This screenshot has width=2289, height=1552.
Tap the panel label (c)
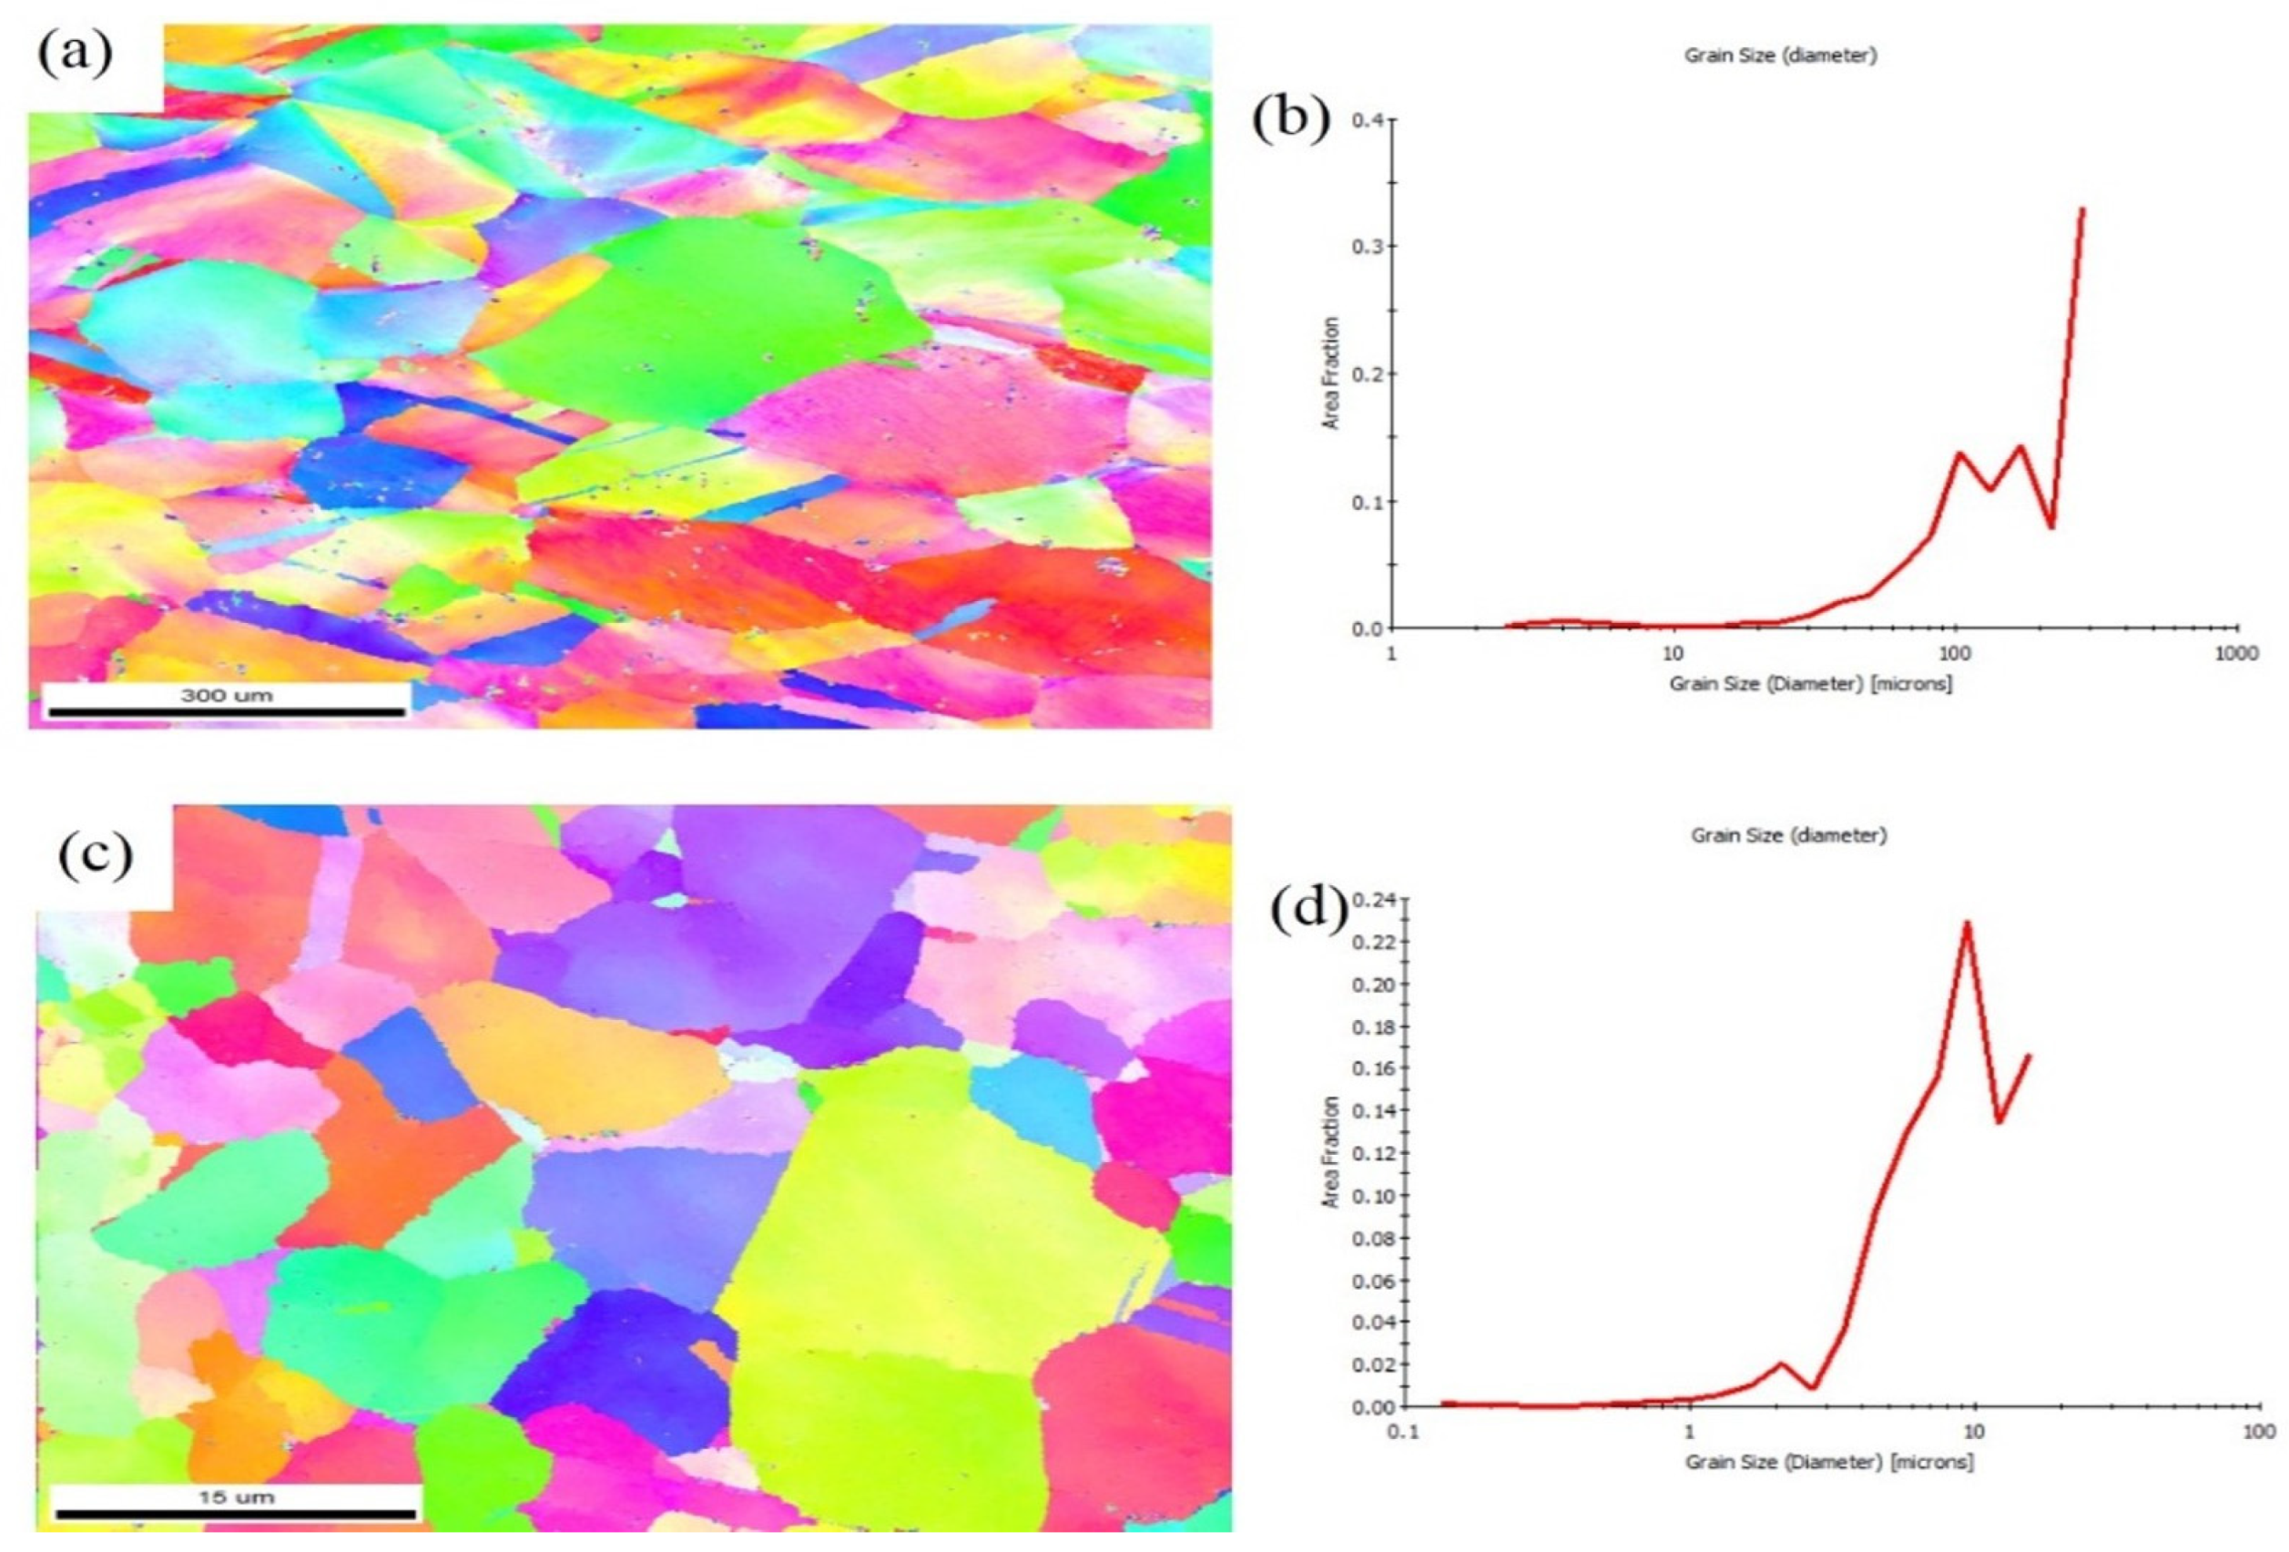(96, 855)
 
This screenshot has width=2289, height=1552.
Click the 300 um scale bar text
(227, 695)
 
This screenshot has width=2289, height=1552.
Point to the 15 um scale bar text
(237, 1496)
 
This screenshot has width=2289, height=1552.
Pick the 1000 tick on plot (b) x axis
(2236, 653)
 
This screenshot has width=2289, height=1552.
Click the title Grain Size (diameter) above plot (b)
(1780, 56)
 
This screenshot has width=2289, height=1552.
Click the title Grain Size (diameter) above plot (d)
(1788, 834)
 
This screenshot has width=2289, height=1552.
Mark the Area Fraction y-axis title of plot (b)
(1330, 373)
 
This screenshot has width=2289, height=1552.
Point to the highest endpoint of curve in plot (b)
(2082, 209)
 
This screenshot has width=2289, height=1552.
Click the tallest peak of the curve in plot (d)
(1967, 923)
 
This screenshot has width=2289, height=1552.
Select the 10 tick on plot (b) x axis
(1672, 653)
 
